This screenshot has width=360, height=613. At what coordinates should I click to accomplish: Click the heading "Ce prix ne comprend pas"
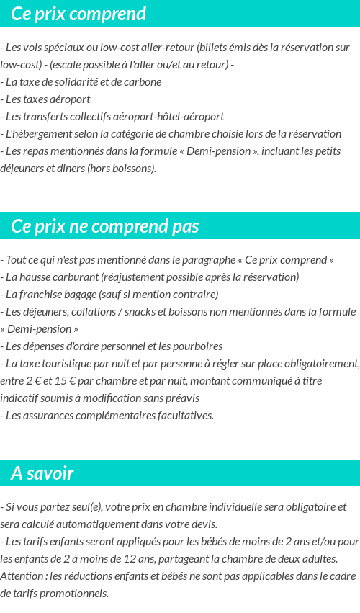[104, 226]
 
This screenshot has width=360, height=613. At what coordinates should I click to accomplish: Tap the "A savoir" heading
[42, 473]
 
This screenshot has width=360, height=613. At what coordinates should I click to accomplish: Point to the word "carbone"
[141, 81]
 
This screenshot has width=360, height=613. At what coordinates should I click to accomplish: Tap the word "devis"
[202, 524]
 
